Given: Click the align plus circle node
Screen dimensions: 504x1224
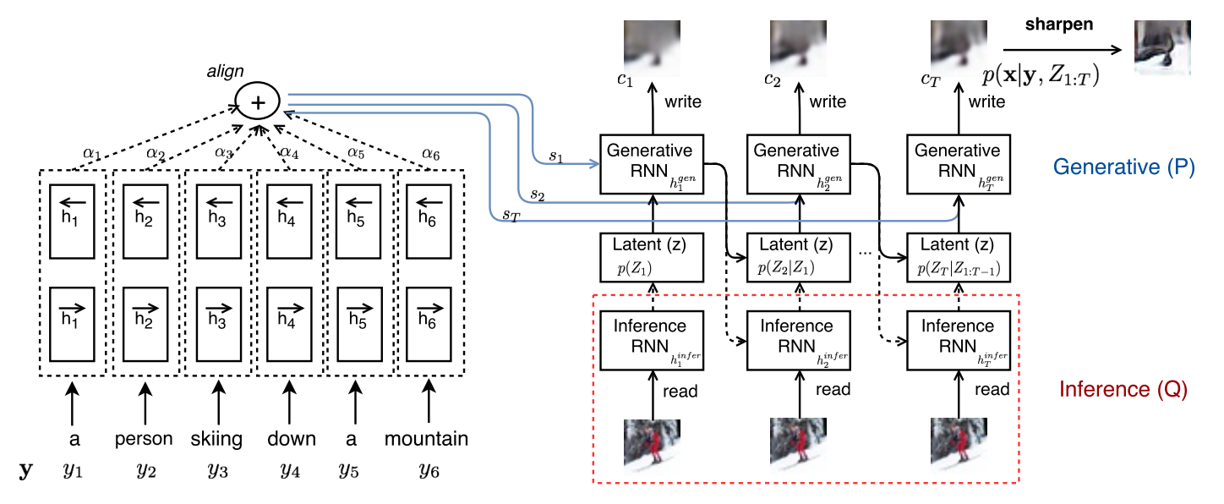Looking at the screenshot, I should tap(260, 102).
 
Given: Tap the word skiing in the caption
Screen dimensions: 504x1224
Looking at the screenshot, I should tap(217, 439).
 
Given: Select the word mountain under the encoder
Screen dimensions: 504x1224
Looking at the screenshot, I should tap(426, 439).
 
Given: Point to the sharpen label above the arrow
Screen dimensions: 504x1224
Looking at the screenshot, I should tap(1059, 24).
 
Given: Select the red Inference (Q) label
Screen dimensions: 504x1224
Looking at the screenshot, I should tap(1123, 390).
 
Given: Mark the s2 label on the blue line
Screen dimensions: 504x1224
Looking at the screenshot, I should tap(538, 194).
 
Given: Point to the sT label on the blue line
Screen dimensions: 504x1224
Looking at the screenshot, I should tap(511, 216).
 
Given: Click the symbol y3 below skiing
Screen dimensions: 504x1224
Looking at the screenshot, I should tap(217, 469).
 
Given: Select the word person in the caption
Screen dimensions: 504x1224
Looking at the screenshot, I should tap(145, 439).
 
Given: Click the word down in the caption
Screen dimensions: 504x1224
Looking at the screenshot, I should tap(291, 439).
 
